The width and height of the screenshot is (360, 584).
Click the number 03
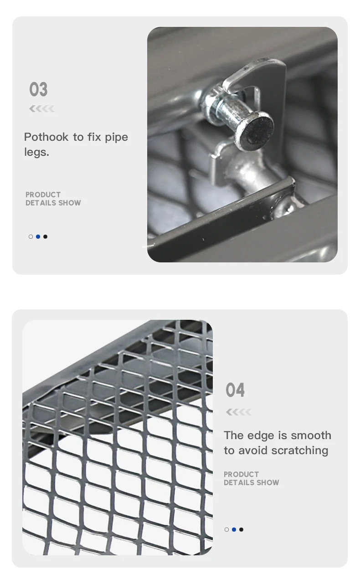38,90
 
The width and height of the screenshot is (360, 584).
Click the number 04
235,390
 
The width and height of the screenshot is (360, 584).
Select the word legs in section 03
35,153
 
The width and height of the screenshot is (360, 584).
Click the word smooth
311,435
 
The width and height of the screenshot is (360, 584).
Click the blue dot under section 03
38,236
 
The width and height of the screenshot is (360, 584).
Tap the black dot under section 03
45,236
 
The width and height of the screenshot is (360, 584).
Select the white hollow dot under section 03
31,236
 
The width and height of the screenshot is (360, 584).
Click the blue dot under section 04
234,529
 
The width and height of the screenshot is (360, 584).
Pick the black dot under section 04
241,529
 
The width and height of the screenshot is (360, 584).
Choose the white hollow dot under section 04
226,529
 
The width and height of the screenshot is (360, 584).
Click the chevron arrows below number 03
42,108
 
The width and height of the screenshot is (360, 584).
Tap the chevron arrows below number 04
238,412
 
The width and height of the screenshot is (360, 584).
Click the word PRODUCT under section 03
43,195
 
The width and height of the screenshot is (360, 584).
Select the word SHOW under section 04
268,482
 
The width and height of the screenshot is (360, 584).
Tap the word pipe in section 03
116,137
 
